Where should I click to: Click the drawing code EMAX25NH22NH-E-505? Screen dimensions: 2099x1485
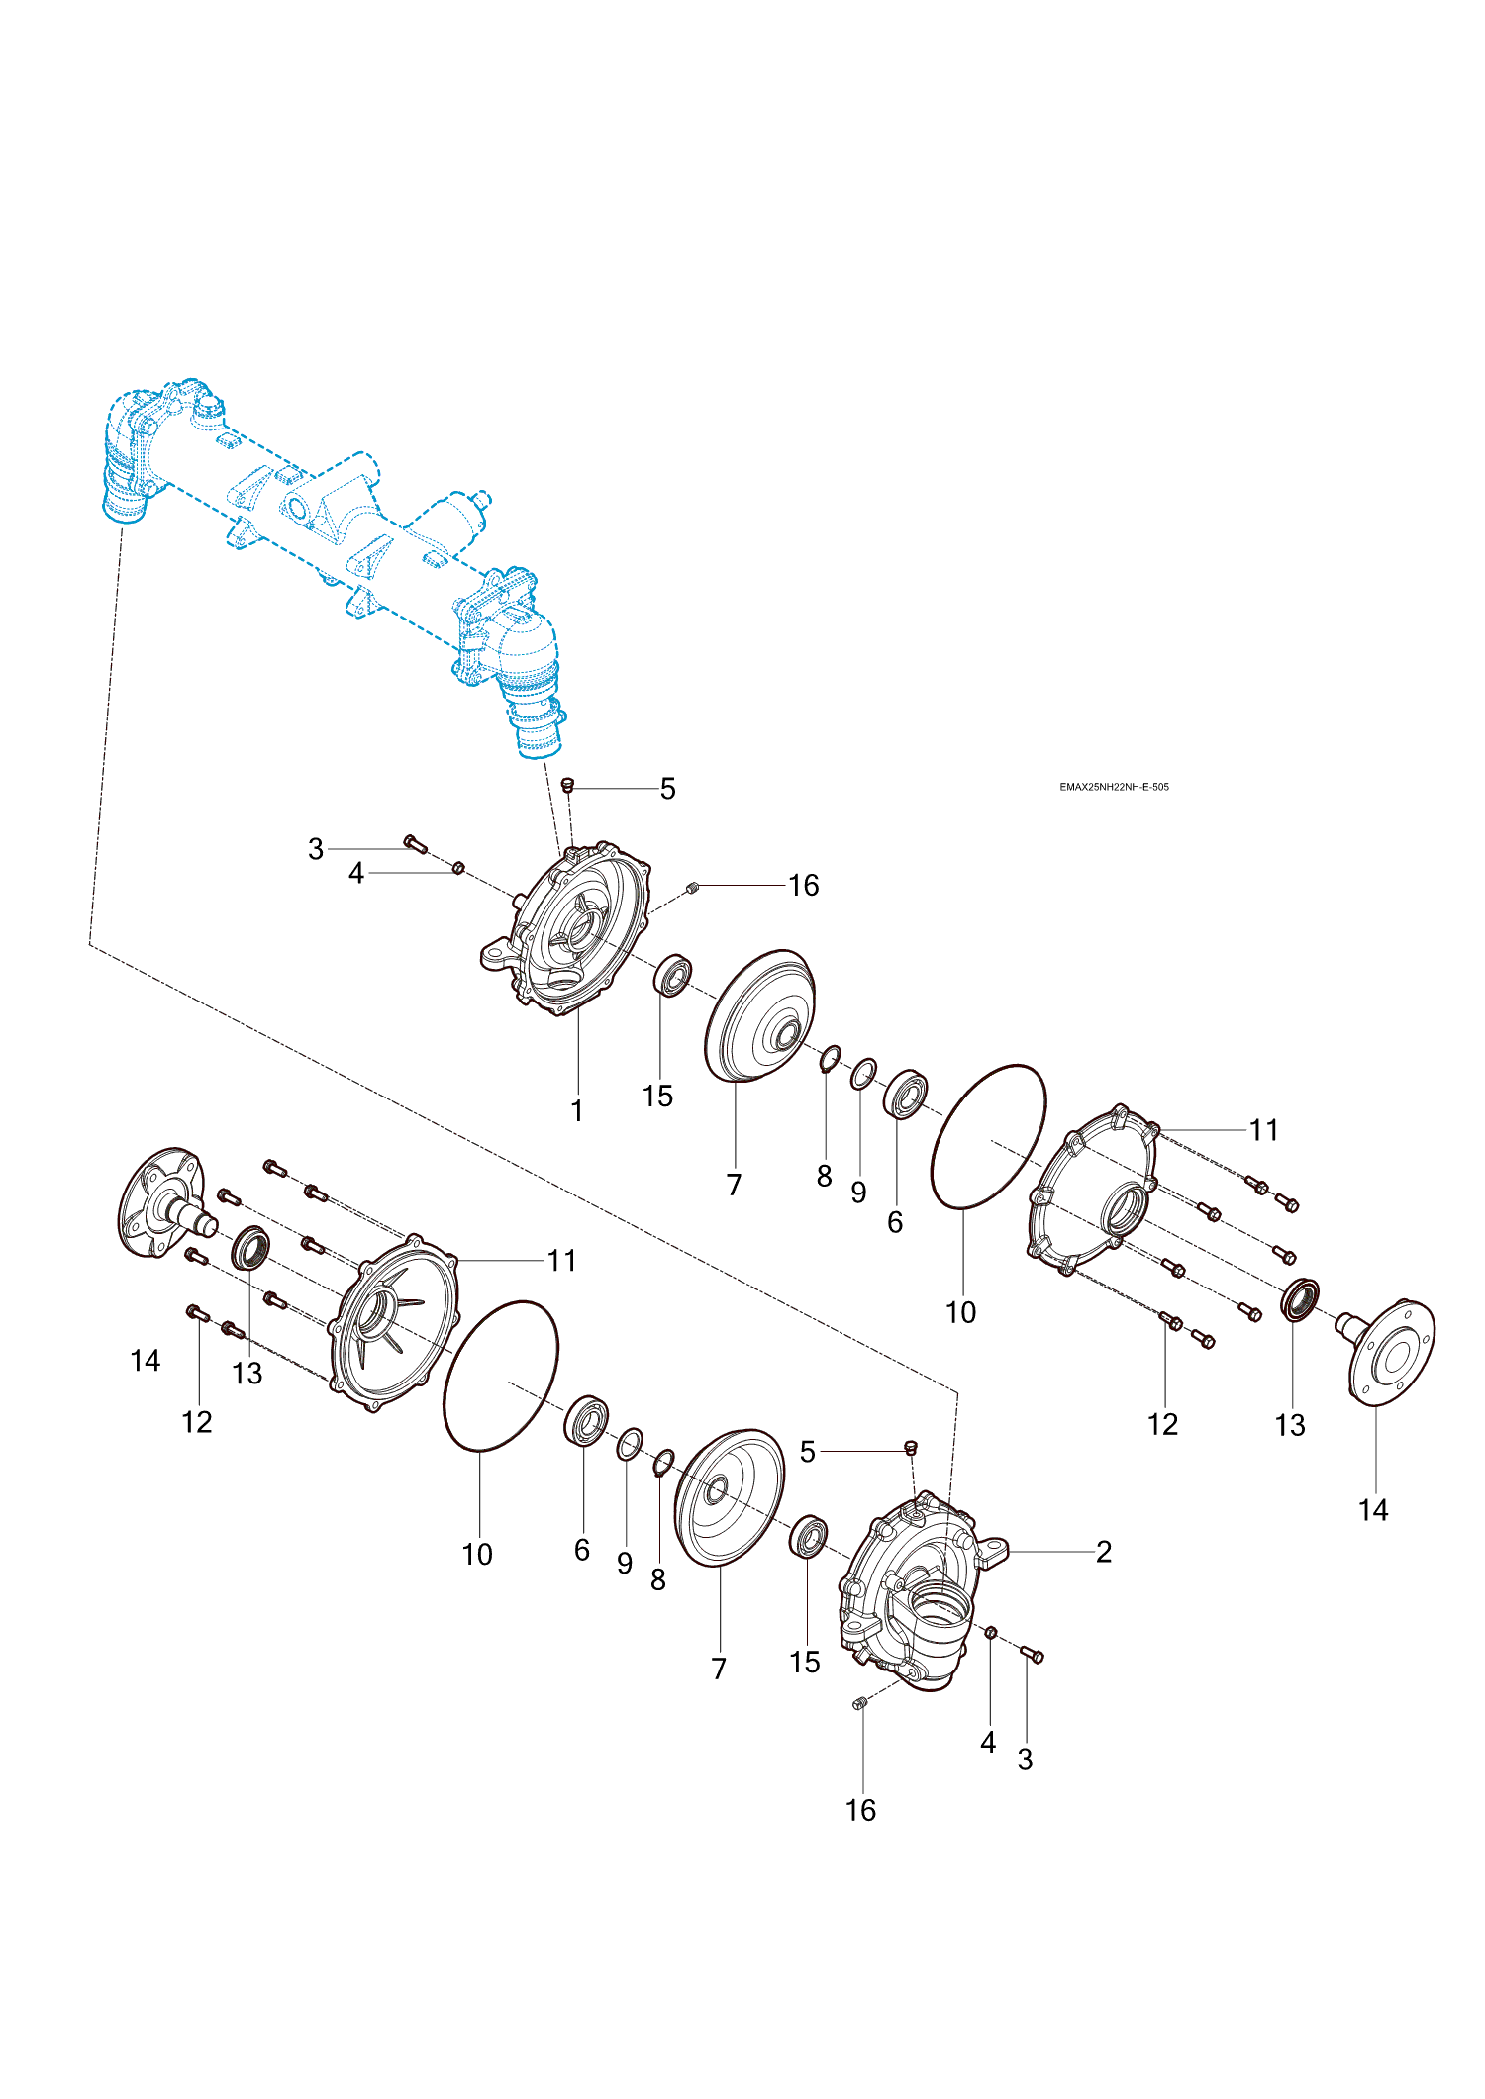1114,787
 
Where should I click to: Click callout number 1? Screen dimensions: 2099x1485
577,1110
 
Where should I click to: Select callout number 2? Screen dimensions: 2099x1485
1104,1552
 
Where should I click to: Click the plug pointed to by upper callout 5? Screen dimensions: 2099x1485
568,785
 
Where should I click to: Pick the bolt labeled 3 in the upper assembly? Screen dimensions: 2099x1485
415,844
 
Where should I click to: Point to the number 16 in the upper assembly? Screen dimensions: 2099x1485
804,885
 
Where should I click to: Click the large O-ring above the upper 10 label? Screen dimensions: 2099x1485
988,1136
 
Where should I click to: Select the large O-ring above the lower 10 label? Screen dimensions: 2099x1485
501,1376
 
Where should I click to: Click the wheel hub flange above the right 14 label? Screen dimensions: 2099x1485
1392,1352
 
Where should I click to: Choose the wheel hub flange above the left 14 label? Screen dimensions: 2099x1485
161,1200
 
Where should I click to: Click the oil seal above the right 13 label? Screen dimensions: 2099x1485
1299,1299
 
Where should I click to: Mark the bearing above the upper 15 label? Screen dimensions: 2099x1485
673,976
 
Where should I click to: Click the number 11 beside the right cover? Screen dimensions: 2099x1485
1263,1129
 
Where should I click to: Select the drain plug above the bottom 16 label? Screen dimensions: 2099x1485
859,1703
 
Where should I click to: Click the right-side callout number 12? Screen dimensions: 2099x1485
1162,1424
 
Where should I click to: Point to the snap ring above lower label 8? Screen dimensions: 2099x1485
663,1462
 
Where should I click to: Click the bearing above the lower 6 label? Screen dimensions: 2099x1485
586,1420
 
